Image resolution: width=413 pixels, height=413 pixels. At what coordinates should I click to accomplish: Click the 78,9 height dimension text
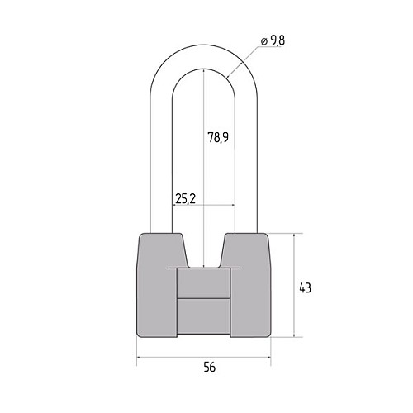(x=218, y=137)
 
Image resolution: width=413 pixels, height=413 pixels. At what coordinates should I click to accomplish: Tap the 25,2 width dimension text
(x=185, y=198)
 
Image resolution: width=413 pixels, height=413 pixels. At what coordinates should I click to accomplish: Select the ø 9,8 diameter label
(x=273, y=40)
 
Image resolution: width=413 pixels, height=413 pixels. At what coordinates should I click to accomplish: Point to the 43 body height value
(x=305, y=288)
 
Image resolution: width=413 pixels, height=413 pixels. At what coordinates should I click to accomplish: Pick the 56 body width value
(x=210, y=367)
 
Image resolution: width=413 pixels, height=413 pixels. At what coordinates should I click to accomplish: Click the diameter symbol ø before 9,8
(x=263, y=41)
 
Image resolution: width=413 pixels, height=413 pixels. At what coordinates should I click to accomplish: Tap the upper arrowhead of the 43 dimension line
(x=294, y=236)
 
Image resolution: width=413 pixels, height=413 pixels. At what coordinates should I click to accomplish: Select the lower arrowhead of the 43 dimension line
(x=294, y=334)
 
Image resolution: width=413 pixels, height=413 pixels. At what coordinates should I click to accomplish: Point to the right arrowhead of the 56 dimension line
(x=268, y=358)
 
